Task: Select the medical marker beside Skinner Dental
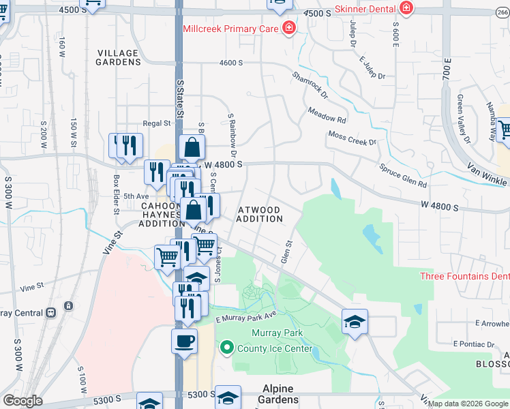click(x=406, y=9)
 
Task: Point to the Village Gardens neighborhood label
click(x=118, y=57)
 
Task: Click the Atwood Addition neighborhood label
click(x=259, y=214)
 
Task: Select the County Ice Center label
click(x=275, y=349)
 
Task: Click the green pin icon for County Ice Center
click(x=228, y=348)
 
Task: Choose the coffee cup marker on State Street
click(x=183, y=341)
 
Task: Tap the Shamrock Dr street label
click(x=310, y=85)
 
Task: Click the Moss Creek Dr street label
click(x=352, y=138)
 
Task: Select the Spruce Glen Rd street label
click(x=403, y=175)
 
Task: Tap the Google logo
click(x=22, y=401)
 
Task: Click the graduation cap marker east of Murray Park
click(x=355, y=321)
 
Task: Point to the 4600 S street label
click(x=230, y=63)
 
